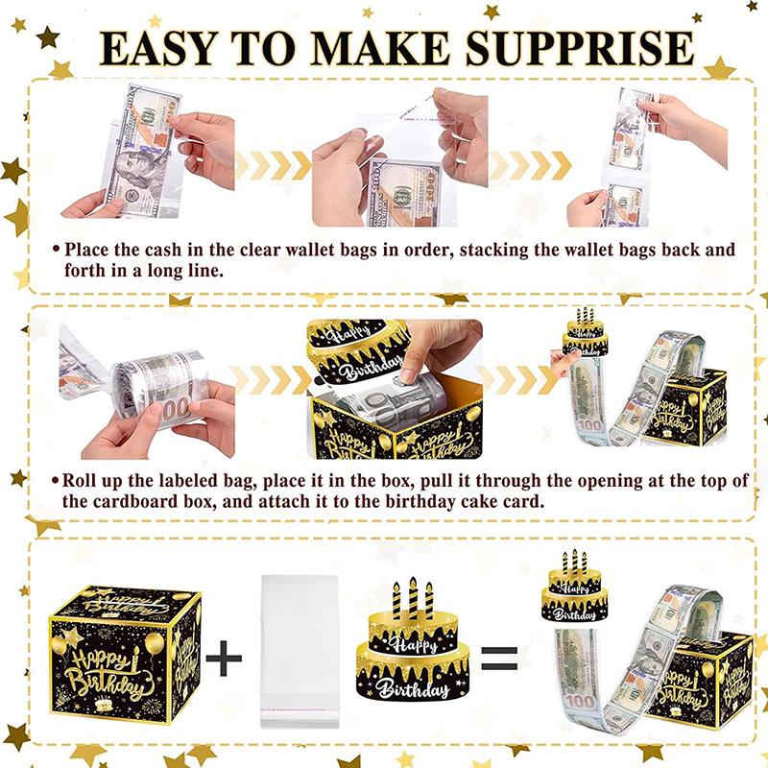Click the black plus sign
(x=224, y=658)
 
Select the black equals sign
(x=501, y=659)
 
